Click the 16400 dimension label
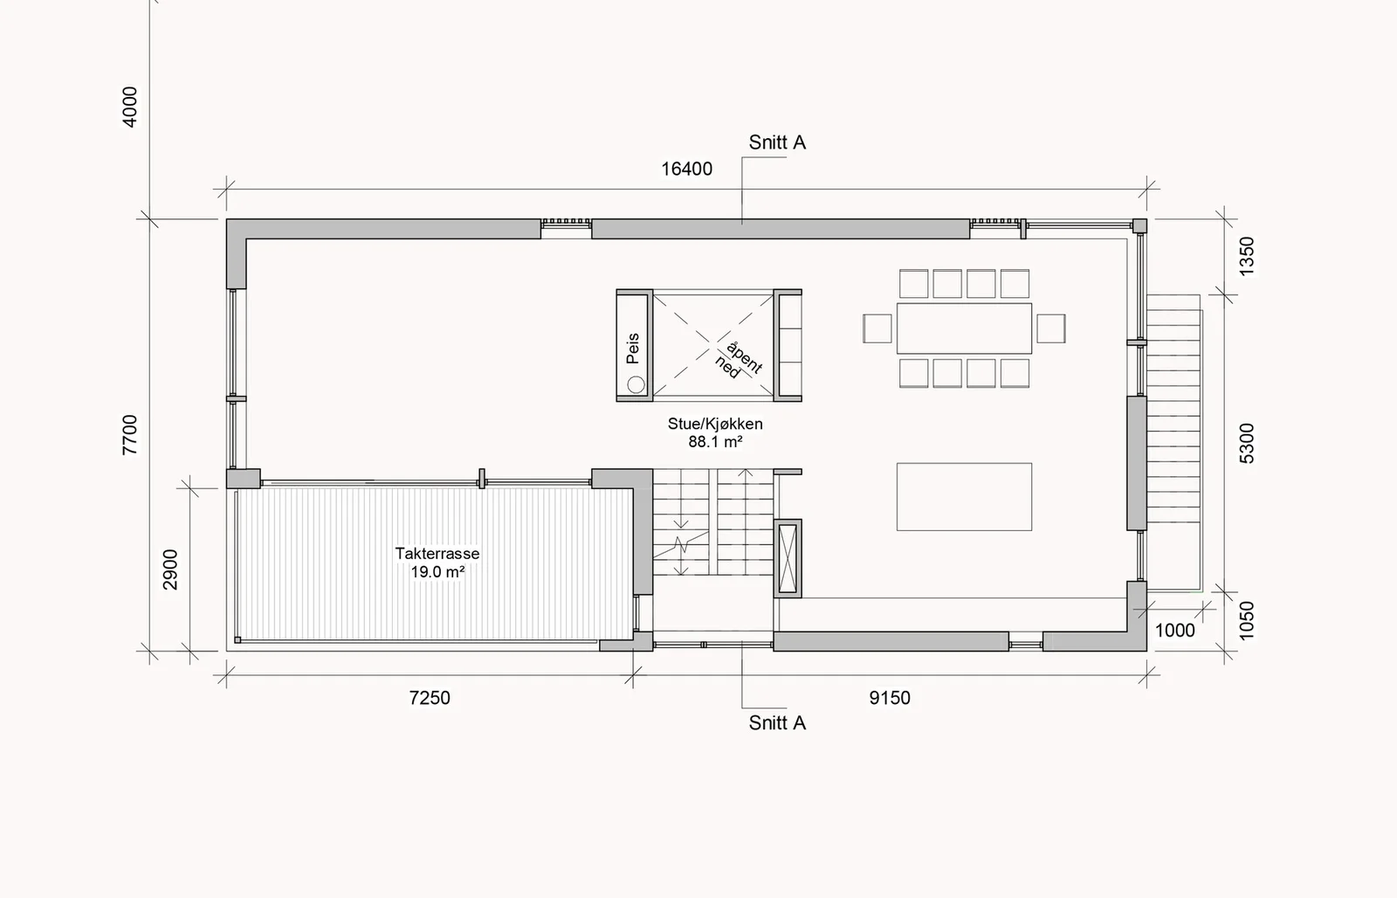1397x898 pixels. (x=686, y=169)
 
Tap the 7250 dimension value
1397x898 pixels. (x=430, y=698)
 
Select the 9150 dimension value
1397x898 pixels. (x=890, y=698)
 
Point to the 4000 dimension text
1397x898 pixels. (x=130, y=107)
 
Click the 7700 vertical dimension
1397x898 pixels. (x=130, y=435)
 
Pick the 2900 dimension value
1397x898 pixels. (x=170, y=570)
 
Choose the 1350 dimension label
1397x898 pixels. (x=1246, y=257)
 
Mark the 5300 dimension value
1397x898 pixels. (x=1246, y=444)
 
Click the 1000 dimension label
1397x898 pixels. (x=1175, y=631)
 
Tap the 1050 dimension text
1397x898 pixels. (x=1246, y=620)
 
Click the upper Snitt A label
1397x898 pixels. (x=777, y=143)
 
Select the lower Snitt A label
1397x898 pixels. (x=777, y=723)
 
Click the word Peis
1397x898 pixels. (x=633, y=349)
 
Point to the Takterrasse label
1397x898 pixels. (x=437, y=554)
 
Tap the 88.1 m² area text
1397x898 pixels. (x=715, y=442)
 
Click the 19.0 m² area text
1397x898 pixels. (x=437, y=571)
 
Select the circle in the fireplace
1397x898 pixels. (x=637, y=384)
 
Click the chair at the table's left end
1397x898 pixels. (x=877, y=328)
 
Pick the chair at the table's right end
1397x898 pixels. (x=1051, y=328)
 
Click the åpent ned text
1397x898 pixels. (x=739, y=361)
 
